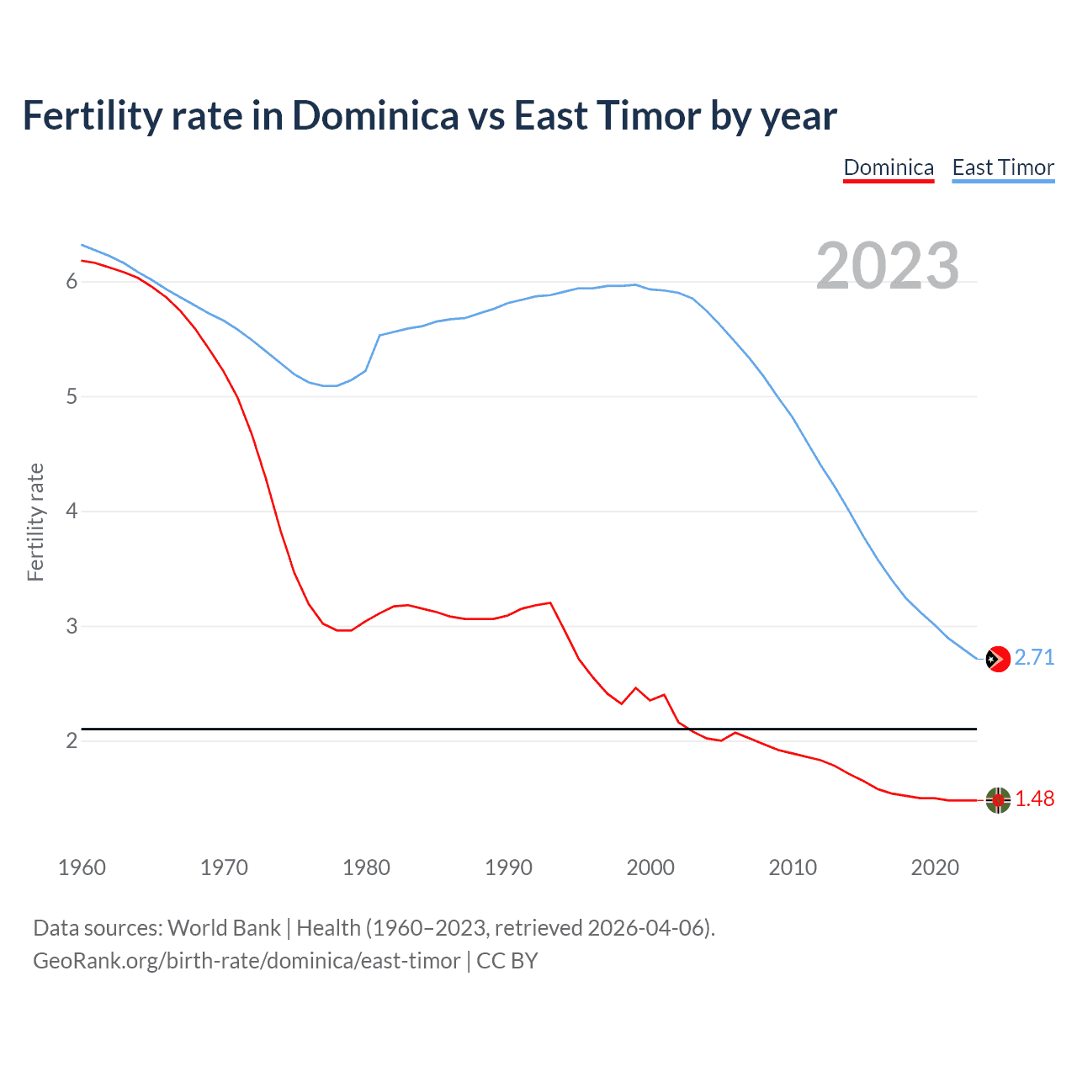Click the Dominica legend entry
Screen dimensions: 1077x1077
[x=889, y=167]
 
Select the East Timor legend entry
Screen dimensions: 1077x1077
[x=1003, y=167]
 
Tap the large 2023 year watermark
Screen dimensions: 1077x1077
[x=887, y=266]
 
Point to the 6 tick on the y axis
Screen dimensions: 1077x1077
[x=72, y=281]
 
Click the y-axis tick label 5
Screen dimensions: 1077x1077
[x=72, y=396]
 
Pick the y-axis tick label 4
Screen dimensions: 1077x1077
[x=72, y=512]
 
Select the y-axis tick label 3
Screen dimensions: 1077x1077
[x=72, y=626]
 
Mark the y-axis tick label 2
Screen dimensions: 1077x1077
[x=72, y=740]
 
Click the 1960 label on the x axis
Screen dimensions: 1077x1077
[x=82, y=867]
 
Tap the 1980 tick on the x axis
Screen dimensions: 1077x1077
[x=366, y=867]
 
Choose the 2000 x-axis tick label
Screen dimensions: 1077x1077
[x=650, y=867]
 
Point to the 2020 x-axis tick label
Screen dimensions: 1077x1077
[x=935, y=867]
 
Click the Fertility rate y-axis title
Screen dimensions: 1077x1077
[x=35, y=522]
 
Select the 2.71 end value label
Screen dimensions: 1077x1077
[x=1034, y=657]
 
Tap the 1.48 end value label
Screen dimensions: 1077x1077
[x=1034, y=798]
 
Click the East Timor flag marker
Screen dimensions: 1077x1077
[x=998, y=659]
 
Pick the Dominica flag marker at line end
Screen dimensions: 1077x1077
[x=998, y=800]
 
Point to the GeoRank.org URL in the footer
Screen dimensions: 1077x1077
[x=247, y=960]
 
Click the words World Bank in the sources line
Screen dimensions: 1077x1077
[x=224, y=927]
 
